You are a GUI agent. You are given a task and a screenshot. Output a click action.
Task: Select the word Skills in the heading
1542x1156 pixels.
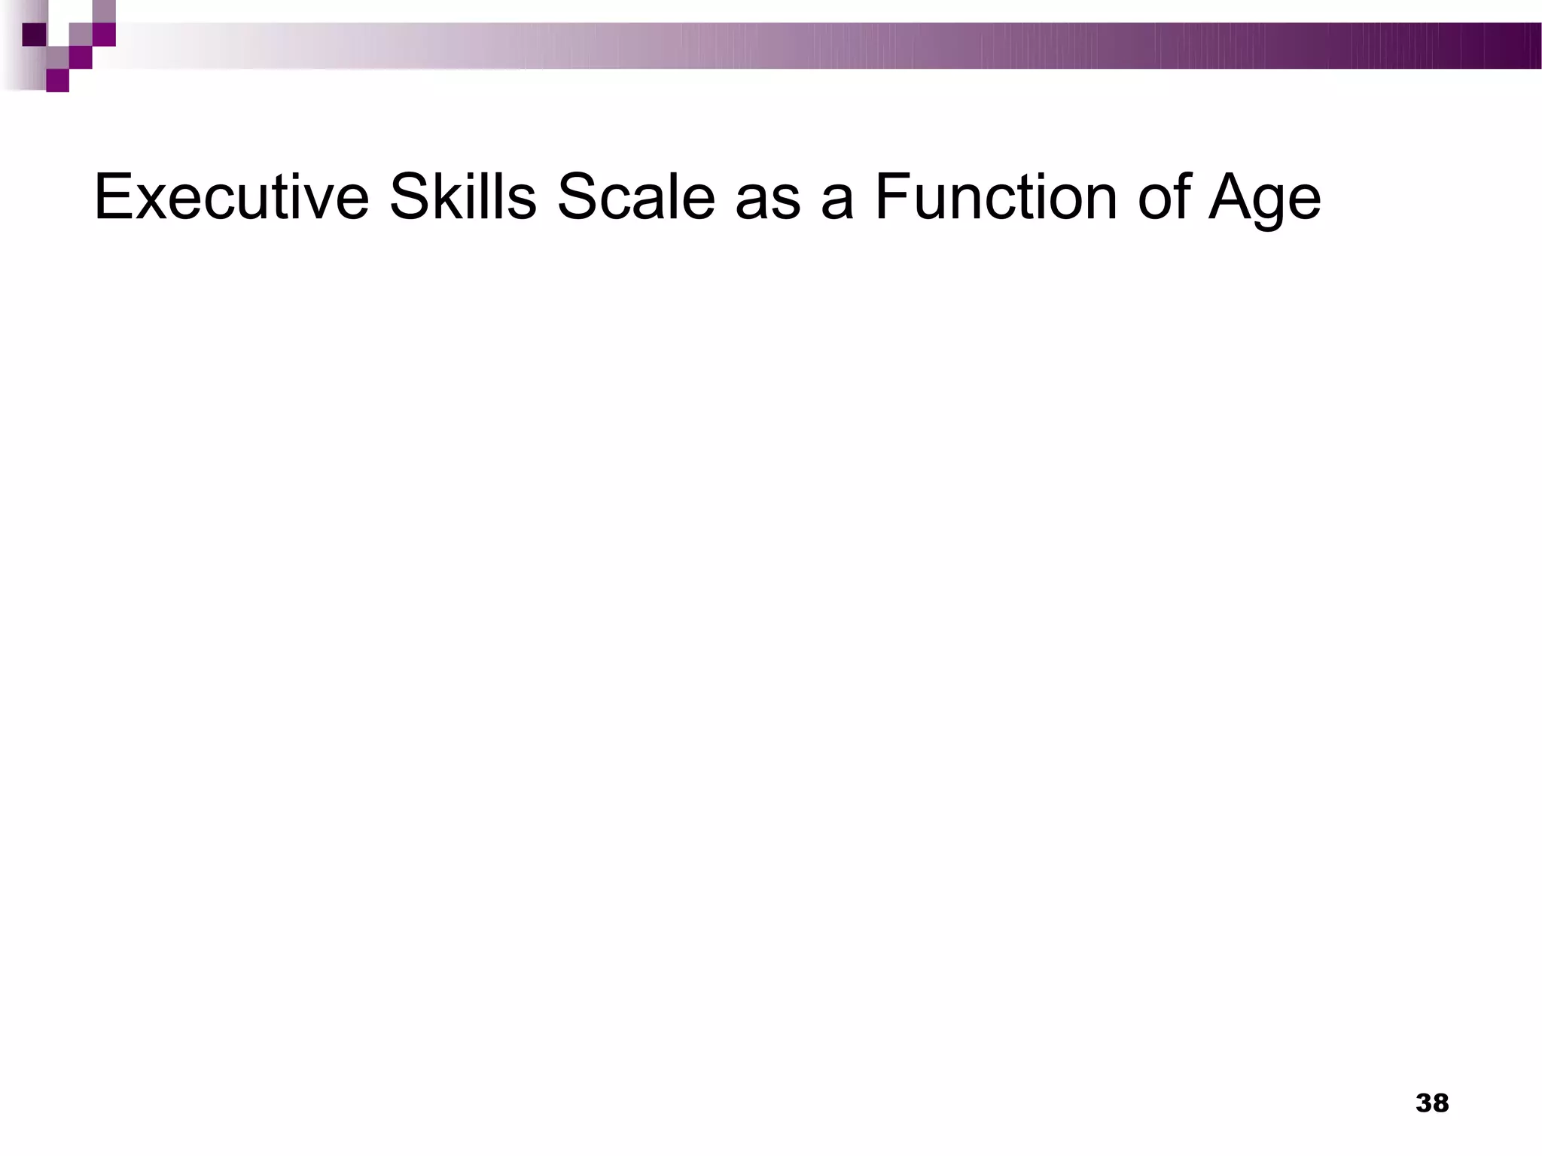click(x=462, y=198)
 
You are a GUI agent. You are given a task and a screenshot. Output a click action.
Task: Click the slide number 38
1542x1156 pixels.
click(x=1432, y=1103)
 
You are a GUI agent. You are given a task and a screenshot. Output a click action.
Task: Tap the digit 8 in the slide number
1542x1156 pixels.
click(x=1440, y=1103)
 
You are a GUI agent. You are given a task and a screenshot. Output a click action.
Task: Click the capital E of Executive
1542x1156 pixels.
click(x=112, y=197)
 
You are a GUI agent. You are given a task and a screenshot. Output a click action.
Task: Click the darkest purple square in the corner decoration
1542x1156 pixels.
click(x=35, y=35)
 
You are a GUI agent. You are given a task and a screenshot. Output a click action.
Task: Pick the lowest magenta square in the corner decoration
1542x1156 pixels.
click(x=57, y=81)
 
